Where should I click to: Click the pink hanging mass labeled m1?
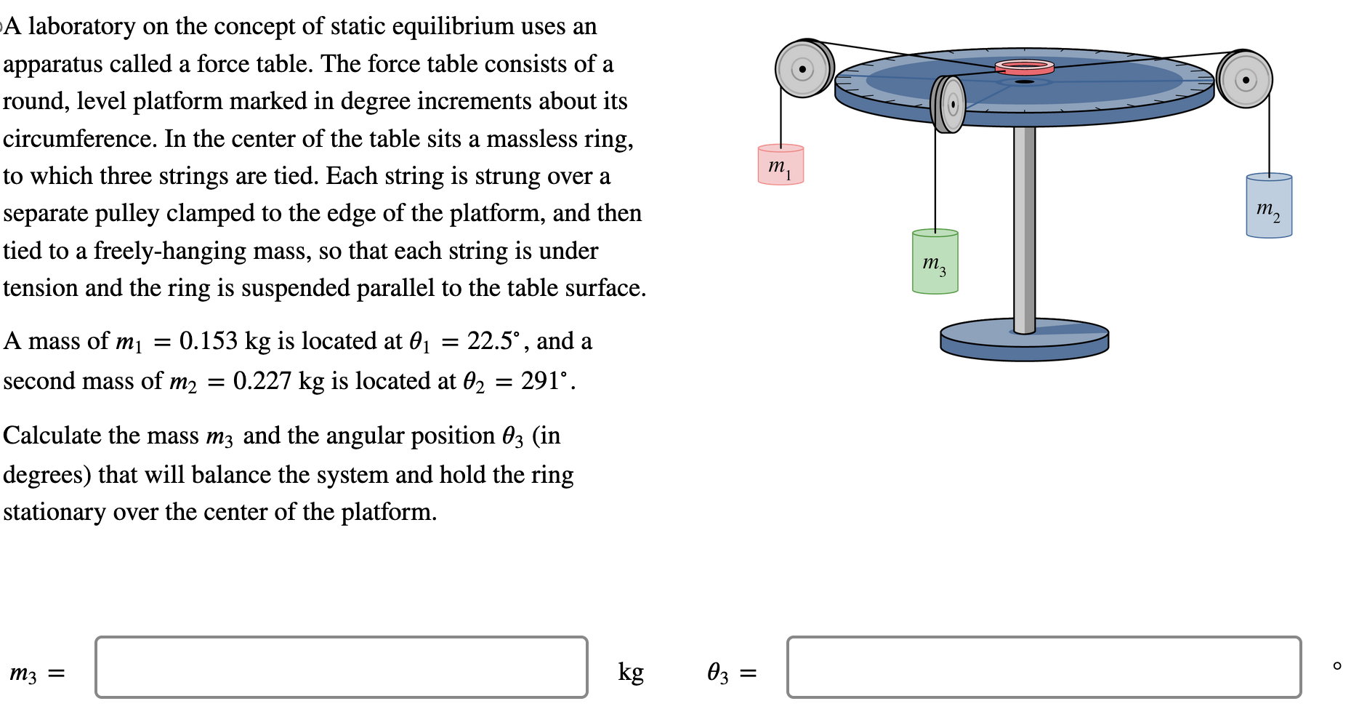pos(781,165)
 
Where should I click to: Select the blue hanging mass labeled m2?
pos(1269,207)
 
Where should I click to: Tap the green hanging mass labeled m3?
pos(935,263)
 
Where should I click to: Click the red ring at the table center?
pos(1024,68)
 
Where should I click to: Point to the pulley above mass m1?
pos(803,69)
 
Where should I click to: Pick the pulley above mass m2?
pos(1245,79)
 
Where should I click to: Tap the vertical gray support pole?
pos(1024,225)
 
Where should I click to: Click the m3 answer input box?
pos(341,668)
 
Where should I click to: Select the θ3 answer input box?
pos(1044,668)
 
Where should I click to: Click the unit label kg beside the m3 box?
pos(631,672)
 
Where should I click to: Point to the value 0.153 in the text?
pos(209,341)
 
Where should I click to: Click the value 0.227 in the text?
pos(262,381)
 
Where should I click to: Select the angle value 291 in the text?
pos(539,381)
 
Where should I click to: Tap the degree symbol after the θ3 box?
pos(1336,665)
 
